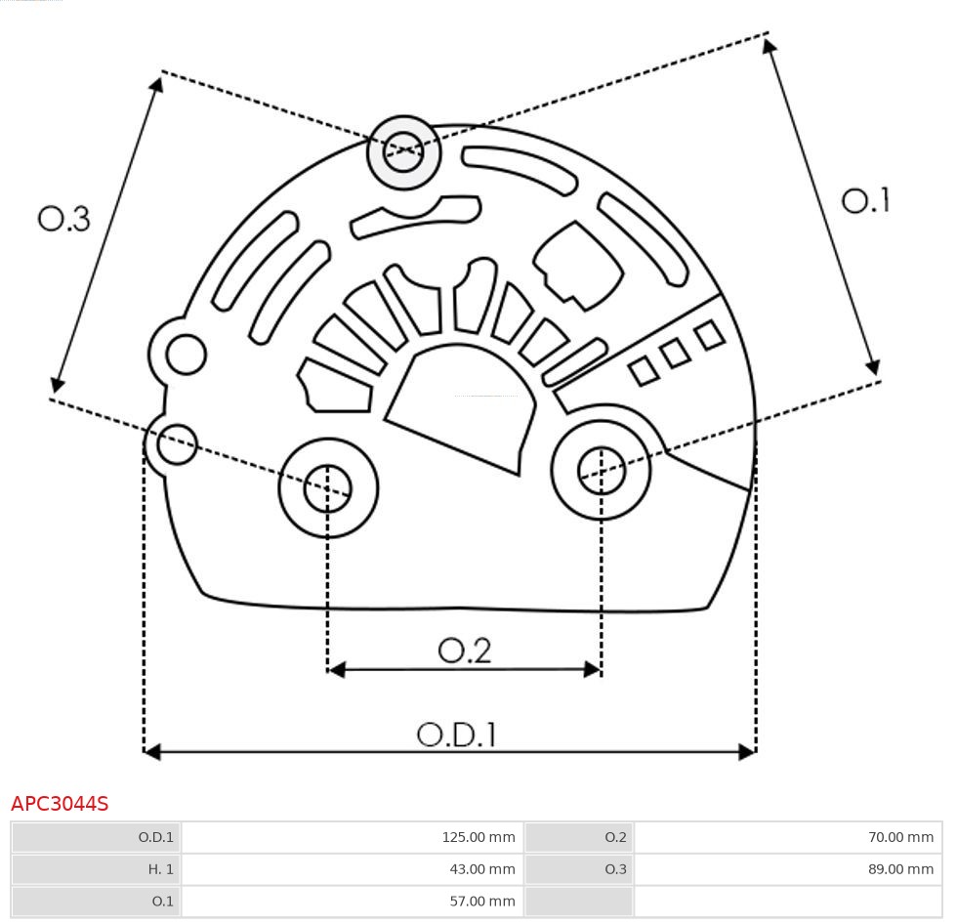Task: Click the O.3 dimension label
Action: pyautogui.click(x=64, y=219)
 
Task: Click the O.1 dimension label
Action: pyautogui.click(x=865, y=200)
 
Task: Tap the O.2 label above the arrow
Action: pyautogui.click(x=464, y=651)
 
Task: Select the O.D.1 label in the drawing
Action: pyautogui.click(x=457, y=734)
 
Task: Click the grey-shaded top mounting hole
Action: pyautogui.click(x=403, y=151)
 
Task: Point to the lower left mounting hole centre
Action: pyautogui.click(x=328, y=488)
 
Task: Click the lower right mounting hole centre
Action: pyautogui.click(x=602, y=471)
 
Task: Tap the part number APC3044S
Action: pyautogui.click(x=60, y=804)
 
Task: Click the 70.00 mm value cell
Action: pyautogui.click(x=899, y=837)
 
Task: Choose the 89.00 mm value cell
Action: pyautogui.click(x=899, y=869)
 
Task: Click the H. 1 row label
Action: pyautogui.click(x=161, y=869)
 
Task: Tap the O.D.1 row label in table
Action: pyautogui.click(x=155, y=837)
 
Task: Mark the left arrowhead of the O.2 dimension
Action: pyautogui.click(x=336, y=669)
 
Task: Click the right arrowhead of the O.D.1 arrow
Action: pyautogui.click(x=748, y=751)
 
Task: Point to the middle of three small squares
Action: pyautogui.click(x=675, y=353)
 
